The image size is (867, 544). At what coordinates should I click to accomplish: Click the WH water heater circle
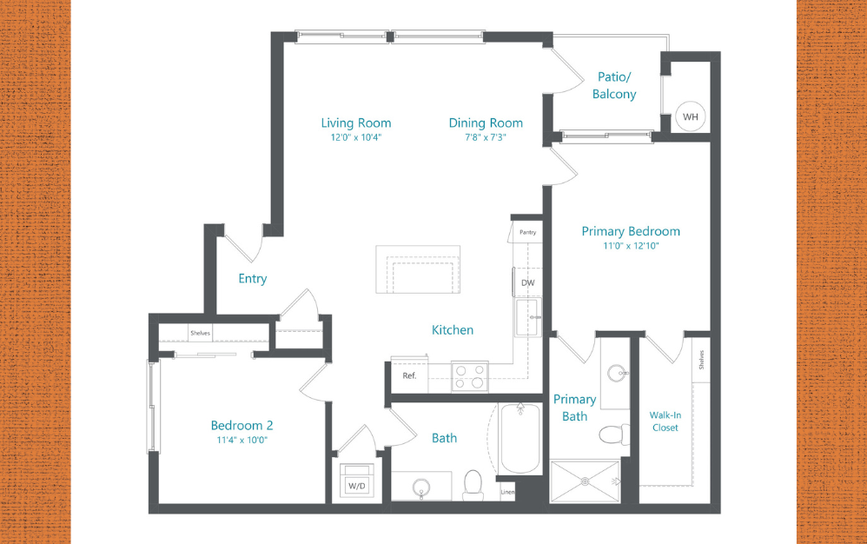(691, 116)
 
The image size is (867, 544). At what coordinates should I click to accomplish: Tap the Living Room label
(356, 123)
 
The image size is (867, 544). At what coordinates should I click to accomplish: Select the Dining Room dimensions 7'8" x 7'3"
(486, 137)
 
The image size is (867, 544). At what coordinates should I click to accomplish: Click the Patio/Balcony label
(614, 85)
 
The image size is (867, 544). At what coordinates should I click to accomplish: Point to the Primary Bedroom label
(631, 231)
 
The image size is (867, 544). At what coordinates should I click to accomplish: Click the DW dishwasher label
(528, 282)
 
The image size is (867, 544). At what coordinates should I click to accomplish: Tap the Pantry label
(527, 232)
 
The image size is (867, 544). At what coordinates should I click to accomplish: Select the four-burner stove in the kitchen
(469, 375)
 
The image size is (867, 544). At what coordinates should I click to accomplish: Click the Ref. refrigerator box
(409, 376)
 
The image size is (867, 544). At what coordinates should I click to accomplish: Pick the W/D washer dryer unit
(356, 483)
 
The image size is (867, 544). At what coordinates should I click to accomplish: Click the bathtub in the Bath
(520, 438)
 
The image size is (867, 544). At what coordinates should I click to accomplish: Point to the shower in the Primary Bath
(585, 481)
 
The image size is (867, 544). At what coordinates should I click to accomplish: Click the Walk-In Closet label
(665, 421)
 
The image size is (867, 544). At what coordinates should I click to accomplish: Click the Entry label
(253, 279)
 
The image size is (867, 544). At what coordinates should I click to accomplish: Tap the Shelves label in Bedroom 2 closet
(201, 334)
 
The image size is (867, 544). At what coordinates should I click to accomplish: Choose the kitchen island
(418, 269)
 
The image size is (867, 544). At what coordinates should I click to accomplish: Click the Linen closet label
(507, 493)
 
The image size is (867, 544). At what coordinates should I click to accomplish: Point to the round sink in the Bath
(421, 487)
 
